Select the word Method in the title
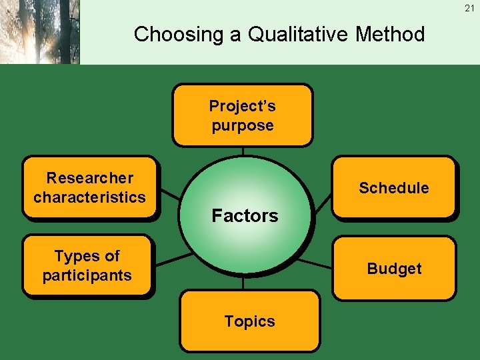[x=390, y=34]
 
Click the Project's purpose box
[x=242, y=115]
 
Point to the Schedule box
[x=394, y=187]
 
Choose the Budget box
[x=394, y=269]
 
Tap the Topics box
[x=249, y=321]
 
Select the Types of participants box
[x=87, y=265]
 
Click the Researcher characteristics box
[x=89, y=187]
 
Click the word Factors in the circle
[x=245, y=215]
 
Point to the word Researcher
[x=89, y=178]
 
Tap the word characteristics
[x=89, y=197]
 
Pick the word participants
[x=87, y=275]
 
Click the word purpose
[x=243, y=125]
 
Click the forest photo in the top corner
[x=40, y=32]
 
